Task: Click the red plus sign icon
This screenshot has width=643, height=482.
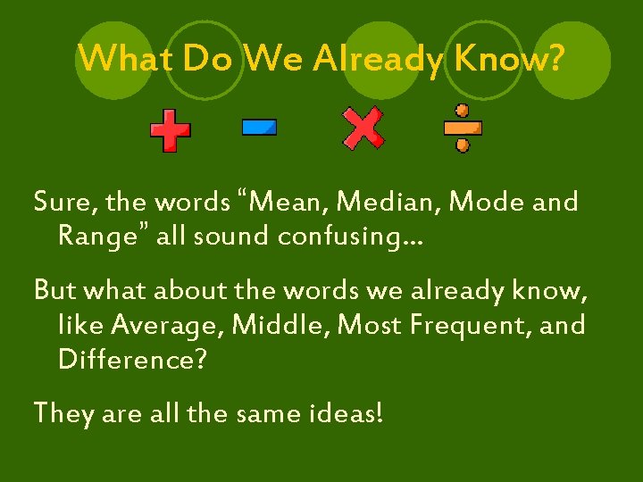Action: coord(170,130)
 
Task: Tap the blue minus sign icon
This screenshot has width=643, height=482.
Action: coord(259,129)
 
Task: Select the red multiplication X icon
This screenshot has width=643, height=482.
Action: coord(363,128)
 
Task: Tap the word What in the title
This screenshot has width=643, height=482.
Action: coord(125,59)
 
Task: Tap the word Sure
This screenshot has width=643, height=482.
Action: coord(63,204)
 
